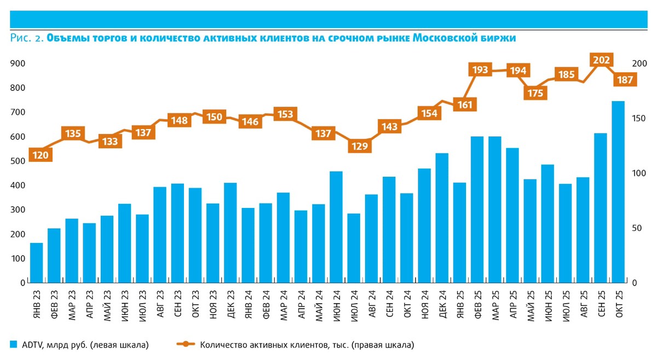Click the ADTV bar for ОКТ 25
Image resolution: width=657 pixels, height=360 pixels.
click(618, 191)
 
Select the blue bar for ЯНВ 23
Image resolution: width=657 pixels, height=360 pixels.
click(36, 263)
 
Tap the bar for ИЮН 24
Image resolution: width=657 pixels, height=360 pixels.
click(336, 227)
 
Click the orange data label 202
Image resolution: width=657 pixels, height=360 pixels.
click(602, 60)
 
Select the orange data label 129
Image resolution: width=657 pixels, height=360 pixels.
click(360, 146)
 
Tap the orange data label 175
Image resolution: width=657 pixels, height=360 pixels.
click(535, 93)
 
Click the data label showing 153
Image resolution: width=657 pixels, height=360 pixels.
click(284, 114)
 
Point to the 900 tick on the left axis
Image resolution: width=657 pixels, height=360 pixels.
click(18, 63)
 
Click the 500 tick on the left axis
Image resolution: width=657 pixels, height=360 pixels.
click(18, 161)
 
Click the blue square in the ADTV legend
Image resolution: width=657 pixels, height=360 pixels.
click(14, 344)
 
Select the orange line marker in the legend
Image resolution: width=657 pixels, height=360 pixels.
click(186, 344)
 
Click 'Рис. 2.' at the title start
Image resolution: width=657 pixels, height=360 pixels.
click(27, 38)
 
